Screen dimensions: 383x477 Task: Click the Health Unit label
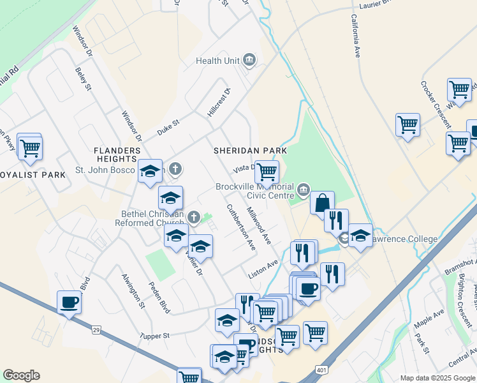217,61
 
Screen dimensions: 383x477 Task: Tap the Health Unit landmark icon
249,61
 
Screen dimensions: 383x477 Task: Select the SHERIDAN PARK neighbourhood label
250,151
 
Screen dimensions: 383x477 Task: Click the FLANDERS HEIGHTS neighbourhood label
116,154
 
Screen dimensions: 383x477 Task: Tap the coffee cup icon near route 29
69,303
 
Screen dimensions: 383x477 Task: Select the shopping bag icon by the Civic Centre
323,203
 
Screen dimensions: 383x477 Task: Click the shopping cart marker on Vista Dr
267,171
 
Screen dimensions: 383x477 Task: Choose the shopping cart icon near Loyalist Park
29,148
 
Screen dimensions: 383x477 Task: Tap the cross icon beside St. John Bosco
175,169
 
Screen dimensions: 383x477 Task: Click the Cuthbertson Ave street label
241,227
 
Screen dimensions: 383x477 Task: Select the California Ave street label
355,37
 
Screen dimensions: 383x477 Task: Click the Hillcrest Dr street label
218,102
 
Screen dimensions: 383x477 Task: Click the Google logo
21,375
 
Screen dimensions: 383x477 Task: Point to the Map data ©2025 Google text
437,377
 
